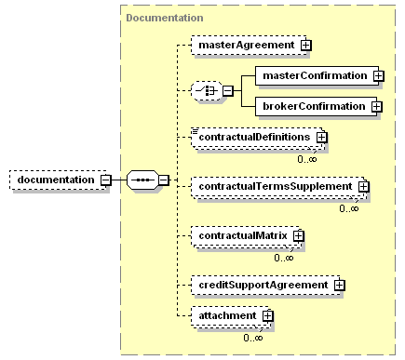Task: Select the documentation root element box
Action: (x=55, y=180)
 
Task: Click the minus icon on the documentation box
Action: (x=105, y=180)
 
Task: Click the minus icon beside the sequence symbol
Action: (x=163, y=180)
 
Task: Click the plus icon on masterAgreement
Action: (x=305, y=44)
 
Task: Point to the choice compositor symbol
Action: (x=204, y=90)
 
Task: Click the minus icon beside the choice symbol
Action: (x=226, y=90)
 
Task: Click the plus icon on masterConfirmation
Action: (x=378, y=74)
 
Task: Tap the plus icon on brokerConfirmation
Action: (x=376, y=106)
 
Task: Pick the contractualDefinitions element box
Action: (x=252, y=138)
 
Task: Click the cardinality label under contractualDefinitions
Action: (x=307, y=159)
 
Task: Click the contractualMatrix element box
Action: (x=241, y=235)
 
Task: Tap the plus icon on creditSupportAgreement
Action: (x=340, y=284)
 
